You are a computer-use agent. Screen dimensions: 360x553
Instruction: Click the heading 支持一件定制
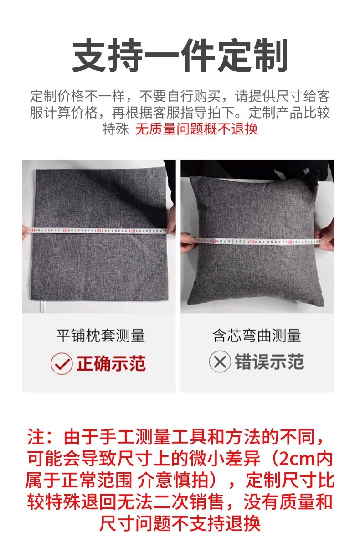coord(180,55)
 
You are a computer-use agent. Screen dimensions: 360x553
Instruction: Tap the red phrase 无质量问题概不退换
coord(197,129)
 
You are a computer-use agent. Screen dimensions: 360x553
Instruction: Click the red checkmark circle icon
coord(62,363)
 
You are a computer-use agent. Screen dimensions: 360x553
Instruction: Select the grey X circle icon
coord(220,362)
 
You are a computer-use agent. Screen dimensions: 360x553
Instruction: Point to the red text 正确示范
coord(111,363)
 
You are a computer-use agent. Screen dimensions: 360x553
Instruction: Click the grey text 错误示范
coord(269,362)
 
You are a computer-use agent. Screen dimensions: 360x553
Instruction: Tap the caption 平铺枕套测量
coord(100,336)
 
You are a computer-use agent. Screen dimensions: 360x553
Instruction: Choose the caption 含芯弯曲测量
coord(257,336)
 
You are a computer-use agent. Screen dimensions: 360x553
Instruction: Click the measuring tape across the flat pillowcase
coord(98,231)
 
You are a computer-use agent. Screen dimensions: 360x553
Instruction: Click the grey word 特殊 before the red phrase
coord(115,129)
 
